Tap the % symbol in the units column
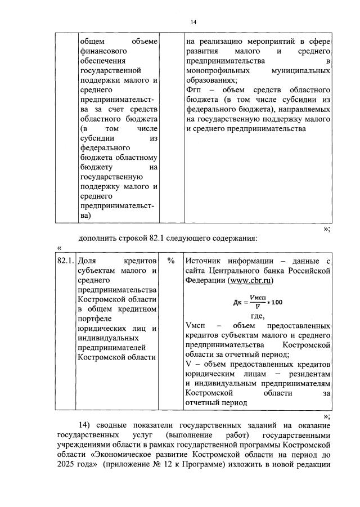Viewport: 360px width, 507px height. [x=171, y=261]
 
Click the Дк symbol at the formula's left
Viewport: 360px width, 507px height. [x=237, y=302]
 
